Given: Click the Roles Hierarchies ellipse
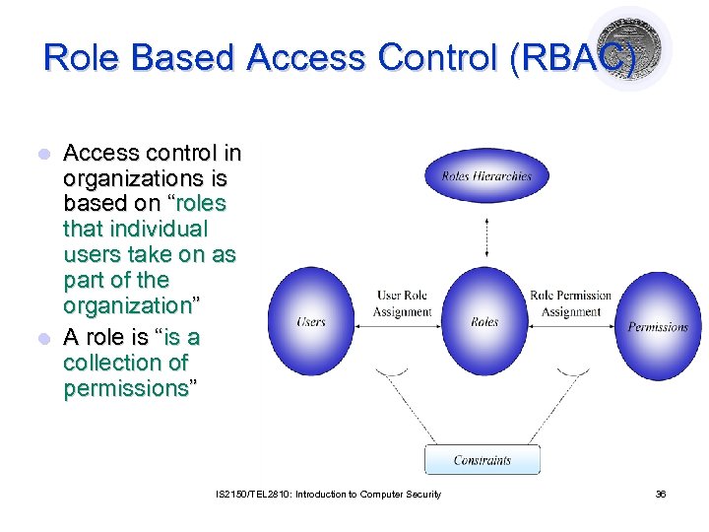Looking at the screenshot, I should (485, 176).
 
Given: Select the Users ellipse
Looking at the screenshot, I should (311, 321).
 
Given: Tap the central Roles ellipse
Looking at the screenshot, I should (484, 322).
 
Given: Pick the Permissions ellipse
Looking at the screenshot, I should (658, 326).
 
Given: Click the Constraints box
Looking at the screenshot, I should (483, 460).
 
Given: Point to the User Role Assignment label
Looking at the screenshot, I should (402, 303).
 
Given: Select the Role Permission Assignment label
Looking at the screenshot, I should (571, 303).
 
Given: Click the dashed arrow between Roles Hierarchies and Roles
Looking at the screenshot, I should (485, 233).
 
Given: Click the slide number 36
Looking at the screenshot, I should (661, 494).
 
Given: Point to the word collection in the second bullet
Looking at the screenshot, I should (125, 363).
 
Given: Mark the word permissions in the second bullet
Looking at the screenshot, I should (125, 388).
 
